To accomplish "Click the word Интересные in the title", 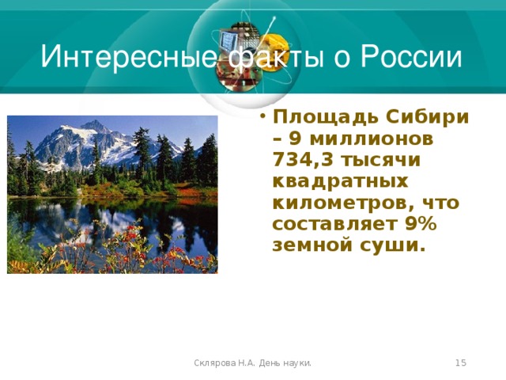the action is (x=128, y=57).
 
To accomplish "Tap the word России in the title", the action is (x=411, y=57).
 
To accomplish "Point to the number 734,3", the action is (x=303, y=160).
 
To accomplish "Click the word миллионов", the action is (x=371, y=139).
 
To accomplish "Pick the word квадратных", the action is (x=341, y=181).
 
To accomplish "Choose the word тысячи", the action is (x=380, y=160).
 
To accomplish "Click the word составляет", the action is (x=334, y=225).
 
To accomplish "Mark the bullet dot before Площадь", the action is (x=263, y=116).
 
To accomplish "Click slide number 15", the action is (x=461, y=363).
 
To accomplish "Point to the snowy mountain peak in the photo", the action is (x=95, y=123).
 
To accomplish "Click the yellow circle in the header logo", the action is (x=274, y=51).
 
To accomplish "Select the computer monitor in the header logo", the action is (x=228, y=41).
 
